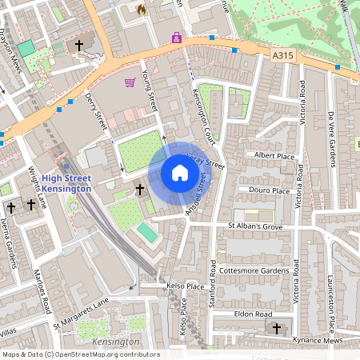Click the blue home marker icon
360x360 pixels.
coord(180,173)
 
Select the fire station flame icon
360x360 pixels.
coord(142,10)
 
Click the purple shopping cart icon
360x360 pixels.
coord(130,82)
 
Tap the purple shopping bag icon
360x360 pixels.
coord(176,38)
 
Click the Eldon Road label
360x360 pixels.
coord(254,314)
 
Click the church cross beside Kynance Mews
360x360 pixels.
coord(278,329)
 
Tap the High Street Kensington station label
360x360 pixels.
coord(67,182)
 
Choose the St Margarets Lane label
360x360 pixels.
coord(80,314)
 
